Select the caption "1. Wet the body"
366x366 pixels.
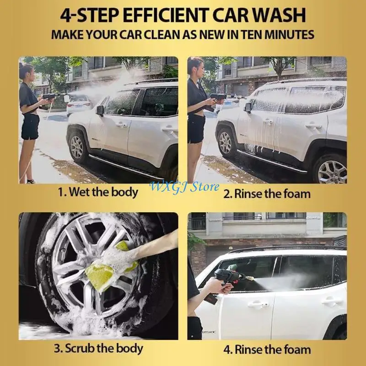click(98, 192)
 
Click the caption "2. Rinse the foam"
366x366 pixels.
click(267, 193)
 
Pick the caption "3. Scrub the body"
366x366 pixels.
click(97, 348)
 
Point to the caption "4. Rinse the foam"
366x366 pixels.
click(267, 350)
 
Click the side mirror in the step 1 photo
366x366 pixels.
click(100, 110)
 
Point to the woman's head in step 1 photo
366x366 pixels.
click(26, 71)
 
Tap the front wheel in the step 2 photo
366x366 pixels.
click(226, 143)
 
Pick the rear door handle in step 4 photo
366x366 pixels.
click(331, 301)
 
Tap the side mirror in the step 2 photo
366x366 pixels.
click(248, 108)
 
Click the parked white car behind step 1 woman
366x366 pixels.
click(78, 104)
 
